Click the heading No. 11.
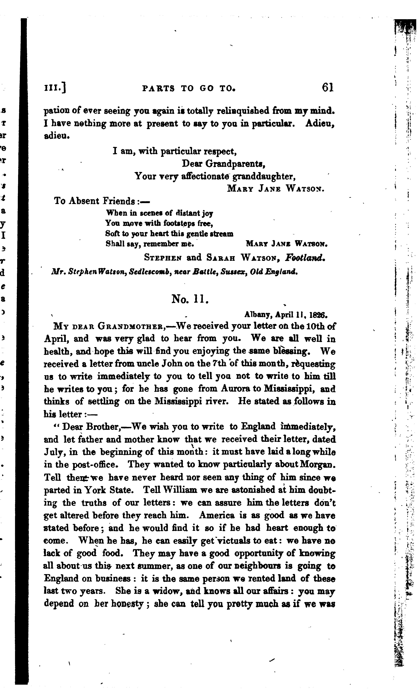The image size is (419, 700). coord(190,299)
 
